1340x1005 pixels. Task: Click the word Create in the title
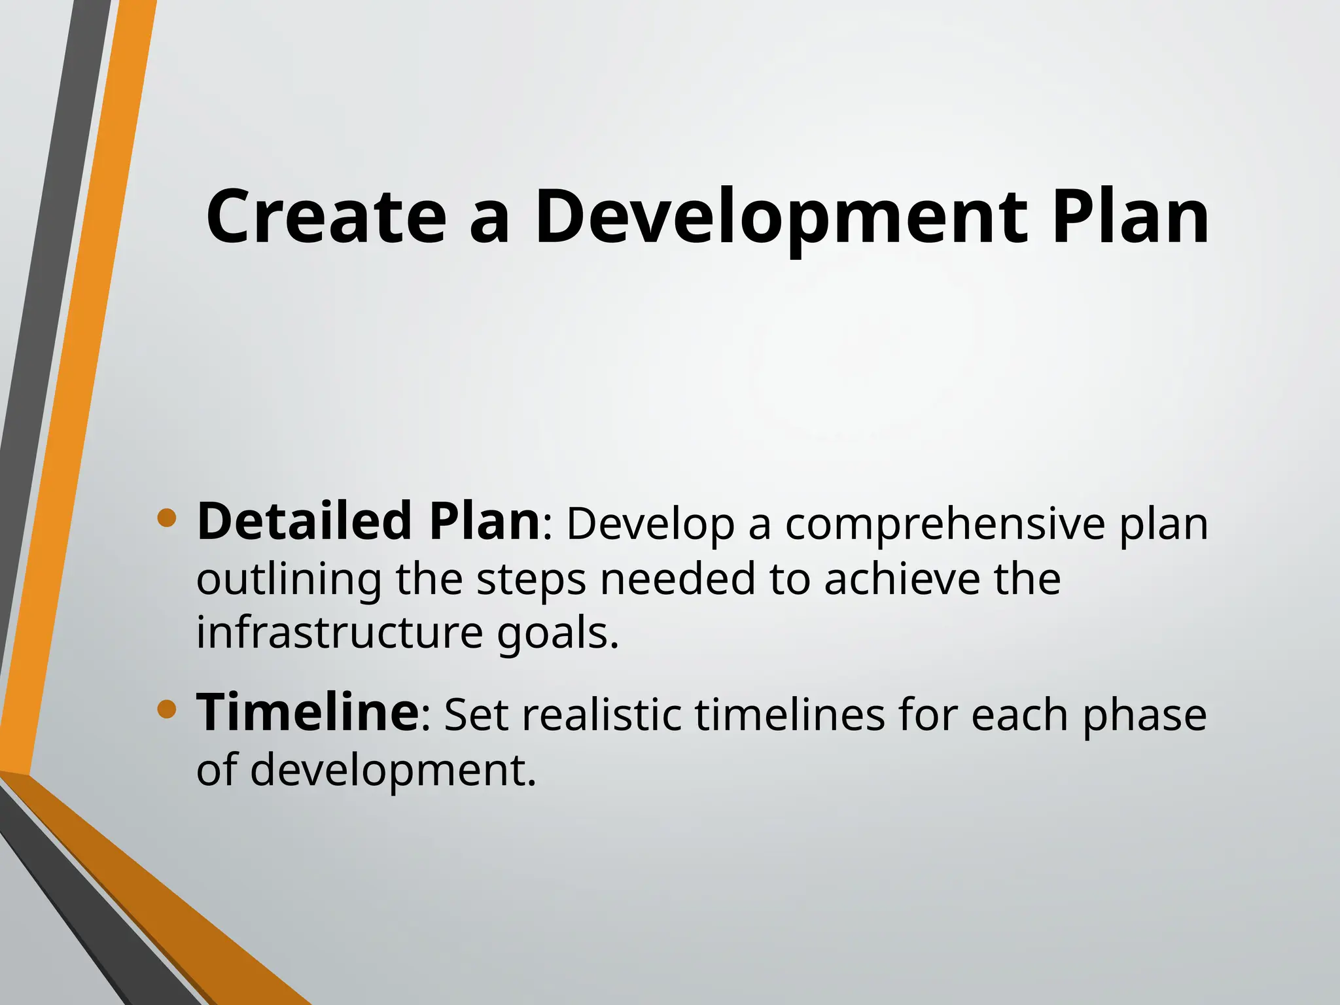click(326, 217)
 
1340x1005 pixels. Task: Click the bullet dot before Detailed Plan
click(167, 519)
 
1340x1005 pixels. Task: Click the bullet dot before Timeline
click(167, 709)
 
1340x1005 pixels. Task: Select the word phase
click(1144, 716)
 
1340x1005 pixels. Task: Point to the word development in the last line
click(393, 770)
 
